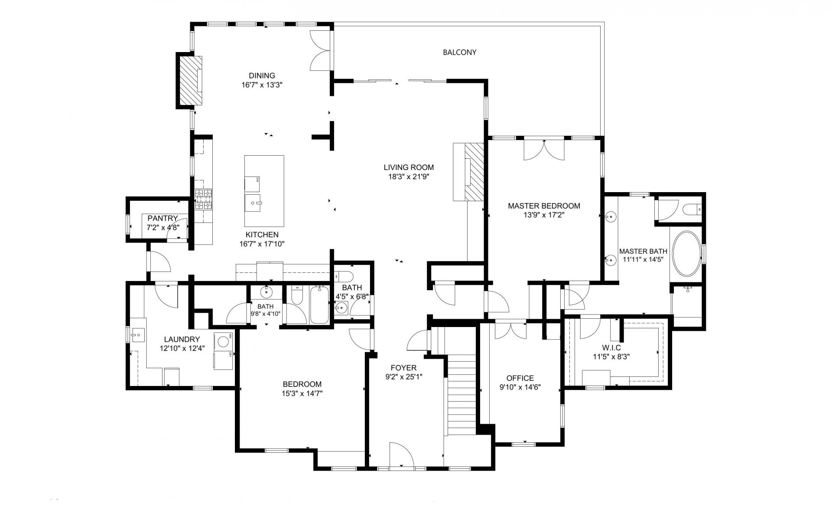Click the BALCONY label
click(459, 52)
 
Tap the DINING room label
click(262, 75)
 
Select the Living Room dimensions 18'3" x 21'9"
click(409, 177)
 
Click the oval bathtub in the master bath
click(686, 254)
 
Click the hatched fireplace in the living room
click(474, 172)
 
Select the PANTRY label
click(162, 218)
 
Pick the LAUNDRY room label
click(182, 340)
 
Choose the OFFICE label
click(520, 378)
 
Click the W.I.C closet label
click(611, 348)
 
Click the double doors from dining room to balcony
click(321, 50)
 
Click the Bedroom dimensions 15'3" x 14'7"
click(302, 393)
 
